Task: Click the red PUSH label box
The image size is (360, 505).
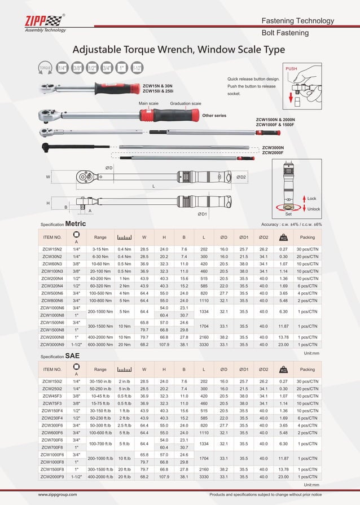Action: click(x=291, y=68)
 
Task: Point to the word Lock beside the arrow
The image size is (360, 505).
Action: click(x=311, y=199)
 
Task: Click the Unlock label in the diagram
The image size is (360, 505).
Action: click(x=313, y=209)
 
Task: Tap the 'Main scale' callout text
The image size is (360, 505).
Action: click(x=149, y=104)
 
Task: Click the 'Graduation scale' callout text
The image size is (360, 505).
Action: click(x=186, y=104)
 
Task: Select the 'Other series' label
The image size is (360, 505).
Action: click(x=214, y=116)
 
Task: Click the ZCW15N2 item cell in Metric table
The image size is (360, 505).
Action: click(x=52, y=249)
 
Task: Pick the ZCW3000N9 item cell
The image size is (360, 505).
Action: click(x=52, y=344)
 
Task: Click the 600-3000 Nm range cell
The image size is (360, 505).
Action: click(x=100, y=344)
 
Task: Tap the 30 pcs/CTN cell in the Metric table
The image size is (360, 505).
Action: click(x=308, y=249)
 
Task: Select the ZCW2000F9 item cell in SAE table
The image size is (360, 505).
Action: click(x=52, y=477)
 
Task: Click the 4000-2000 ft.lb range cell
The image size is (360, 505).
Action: click(x=100, y=477)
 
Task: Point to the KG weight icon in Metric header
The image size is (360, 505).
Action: click(x=284, y=237)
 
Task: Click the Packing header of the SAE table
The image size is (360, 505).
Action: click(x=308, y=370)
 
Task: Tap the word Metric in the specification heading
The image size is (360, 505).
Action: click(x=76, y=223)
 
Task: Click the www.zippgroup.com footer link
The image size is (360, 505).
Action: click(x=58, y=495)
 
